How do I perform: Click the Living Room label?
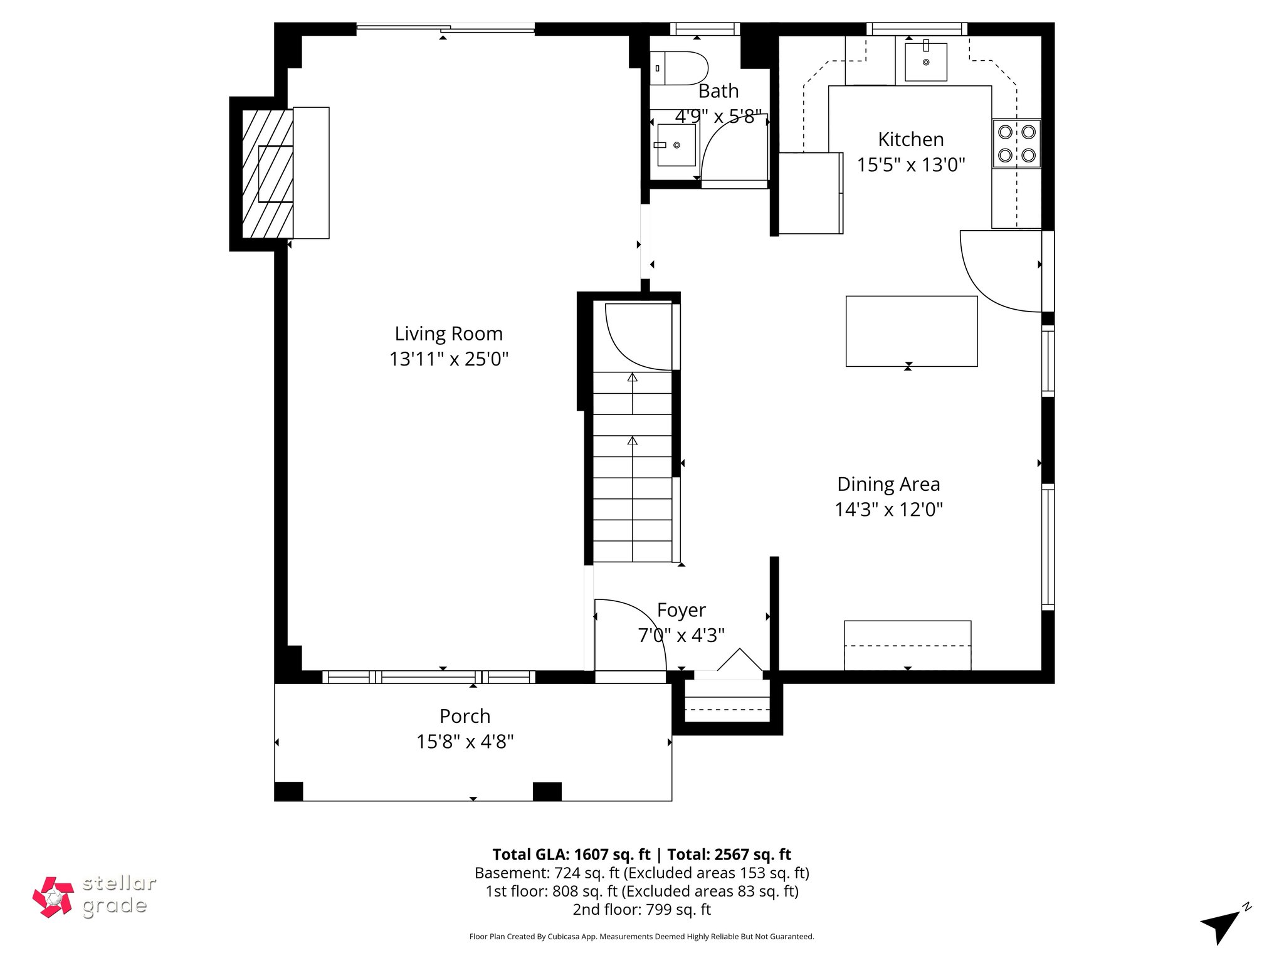(448, 334)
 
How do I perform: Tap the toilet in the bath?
(681, 68)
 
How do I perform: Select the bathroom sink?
(676, 145)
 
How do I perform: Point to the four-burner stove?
(1016, 144)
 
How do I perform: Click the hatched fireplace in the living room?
(268, 174)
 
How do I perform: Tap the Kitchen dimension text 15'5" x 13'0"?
(910, 165)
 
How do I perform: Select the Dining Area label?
(888, 484)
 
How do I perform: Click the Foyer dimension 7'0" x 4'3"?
(681, 636)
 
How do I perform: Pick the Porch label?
(465, 716)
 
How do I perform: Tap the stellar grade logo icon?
(53, 897)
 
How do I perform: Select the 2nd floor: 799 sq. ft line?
(641, 910)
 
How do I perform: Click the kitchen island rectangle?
(911, 331)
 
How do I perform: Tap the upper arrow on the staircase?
(632, 378)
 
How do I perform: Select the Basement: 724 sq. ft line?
(641, 873)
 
